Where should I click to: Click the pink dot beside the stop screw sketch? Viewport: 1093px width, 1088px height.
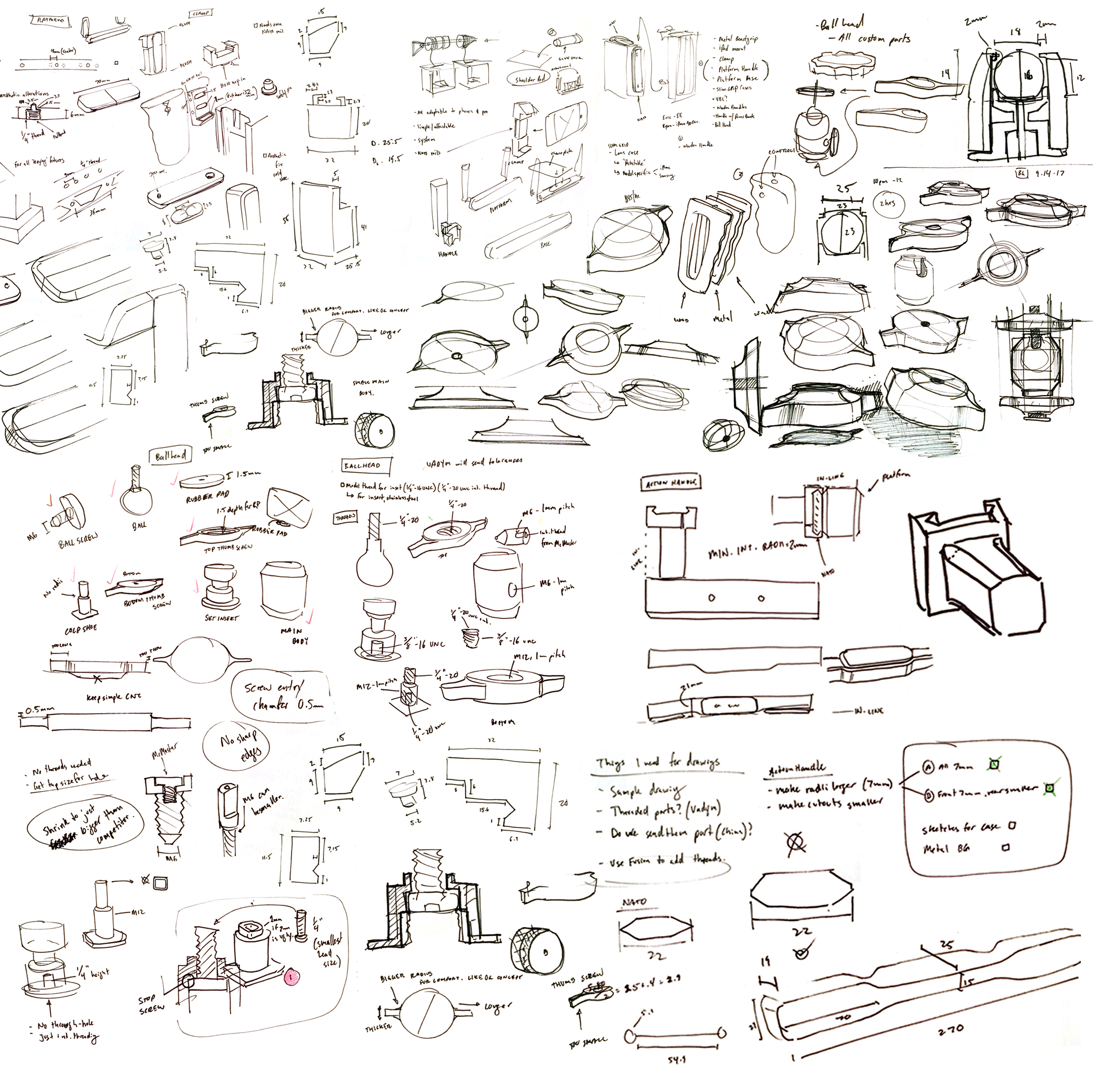coord(292,976)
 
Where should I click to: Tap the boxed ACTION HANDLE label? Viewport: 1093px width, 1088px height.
coord(671,483)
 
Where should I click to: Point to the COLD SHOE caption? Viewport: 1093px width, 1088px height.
coord(81,629)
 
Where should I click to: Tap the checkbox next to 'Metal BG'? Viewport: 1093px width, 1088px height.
coord(1006,847)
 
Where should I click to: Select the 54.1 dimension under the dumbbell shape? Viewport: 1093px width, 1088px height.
coord(677,1060)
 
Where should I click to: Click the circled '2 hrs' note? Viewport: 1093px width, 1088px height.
coord(887,203)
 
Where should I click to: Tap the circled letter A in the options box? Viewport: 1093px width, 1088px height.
coord(927,767)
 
